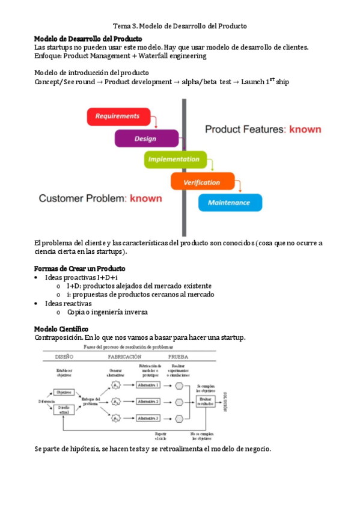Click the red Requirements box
(117, 116)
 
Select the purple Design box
(146, 139)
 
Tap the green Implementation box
(175, 160)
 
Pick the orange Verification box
(202, 182)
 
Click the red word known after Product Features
(305, 129)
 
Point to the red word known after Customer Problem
(146, 197)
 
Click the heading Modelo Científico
(61, 329)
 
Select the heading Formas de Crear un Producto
(80, 268)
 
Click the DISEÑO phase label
(63, 357)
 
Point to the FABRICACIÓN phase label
(125, 357)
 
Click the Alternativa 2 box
(147, 401)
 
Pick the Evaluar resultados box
(206, 401)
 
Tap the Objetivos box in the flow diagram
(63, 392)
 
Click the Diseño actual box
(63, 410)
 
